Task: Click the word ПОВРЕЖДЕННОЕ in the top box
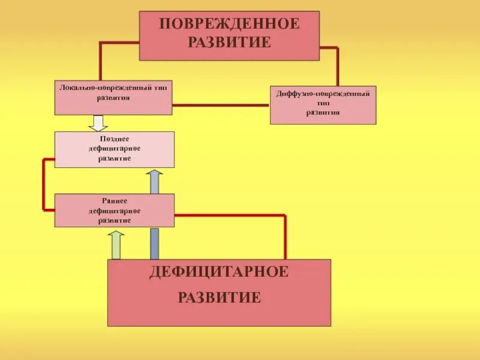(x=229, y=25)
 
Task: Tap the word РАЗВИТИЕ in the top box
(x=229, y=43)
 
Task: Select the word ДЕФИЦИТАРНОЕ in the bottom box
(x=219, y=272)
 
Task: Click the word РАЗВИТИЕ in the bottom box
(x=219, y=297)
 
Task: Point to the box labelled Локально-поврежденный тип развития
(x=113, y=98)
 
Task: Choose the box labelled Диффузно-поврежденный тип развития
(x=323, y=105)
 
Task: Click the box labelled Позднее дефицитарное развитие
(x=114, y=149)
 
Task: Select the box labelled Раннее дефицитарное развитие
(x=114, y=211)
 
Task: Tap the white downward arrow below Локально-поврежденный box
(x=98, y=123)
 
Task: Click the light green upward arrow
(x=116, y=245)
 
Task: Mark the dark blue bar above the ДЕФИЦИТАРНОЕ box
(x=154, y=243)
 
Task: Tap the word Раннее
(x=114, y=202)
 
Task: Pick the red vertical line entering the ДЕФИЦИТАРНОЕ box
(x=285, y=237)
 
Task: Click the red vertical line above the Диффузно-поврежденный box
(x=337, y=67)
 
